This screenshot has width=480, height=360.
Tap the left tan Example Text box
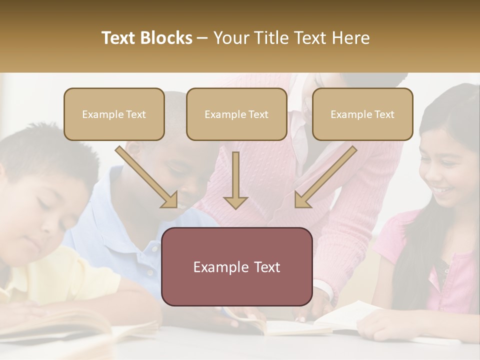(x=114, y=114)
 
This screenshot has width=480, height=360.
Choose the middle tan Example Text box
(x=236, y=114)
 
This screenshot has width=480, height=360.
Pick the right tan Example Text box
(x=362, y=114)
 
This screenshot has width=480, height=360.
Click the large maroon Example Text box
(x=237, y=266)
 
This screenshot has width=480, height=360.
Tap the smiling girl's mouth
(x=441, y=190)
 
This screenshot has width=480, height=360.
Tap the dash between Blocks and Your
(x=202, y=38)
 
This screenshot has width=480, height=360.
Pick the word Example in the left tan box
(x=99, y=114)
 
